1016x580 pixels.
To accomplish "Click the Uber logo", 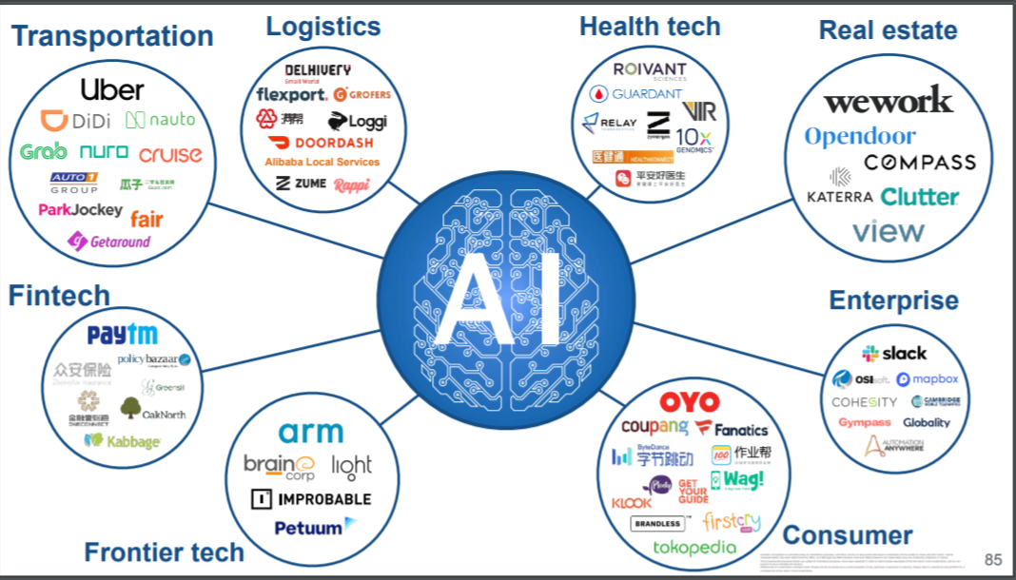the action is coord(112,90).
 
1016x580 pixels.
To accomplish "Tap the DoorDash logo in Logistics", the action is coord(321,143).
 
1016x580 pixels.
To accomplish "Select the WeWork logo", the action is coord(887,100).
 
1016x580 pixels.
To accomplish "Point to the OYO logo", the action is coord(690,402).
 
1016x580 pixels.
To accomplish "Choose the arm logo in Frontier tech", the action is coord(311,433).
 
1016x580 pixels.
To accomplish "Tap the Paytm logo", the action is coord(122,335).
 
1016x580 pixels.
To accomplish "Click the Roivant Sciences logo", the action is coord(650,70).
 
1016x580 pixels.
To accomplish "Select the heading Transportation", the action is coord(112,36).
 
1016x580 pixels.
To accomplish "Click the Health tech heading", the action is coord(650,27).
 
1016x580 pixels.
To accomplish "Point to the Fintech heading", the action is coord(59,296).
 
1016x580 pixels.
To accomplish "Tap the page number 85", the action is coord(993,560).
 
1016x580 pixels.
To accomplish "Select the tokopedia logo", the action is coord(694,547).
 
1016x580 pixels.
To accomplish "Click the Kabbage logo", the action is coord(122,441).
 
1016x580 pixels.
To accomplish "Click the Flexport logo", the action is coord(291,95).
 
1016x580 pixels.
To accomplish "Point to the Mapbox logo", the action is coord(928,379).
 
